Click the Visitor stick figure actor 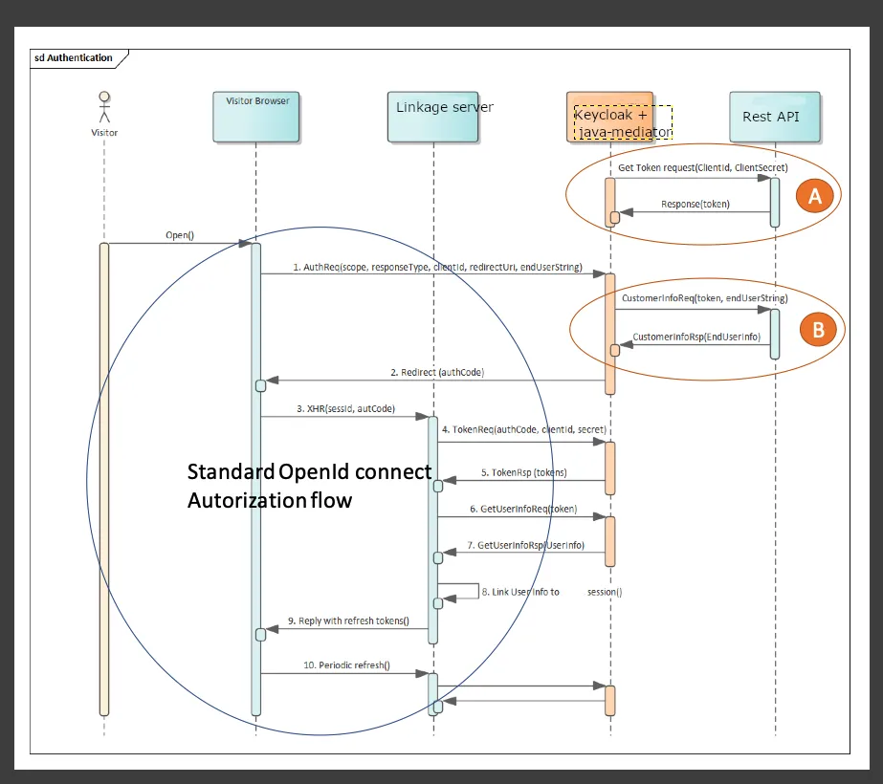coord(104,107)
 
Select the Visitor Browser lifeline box coord(256,117)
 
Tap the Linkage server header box coord(433,117)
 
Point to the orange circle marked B coord(818,329)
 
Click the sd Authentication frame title coord(73,58)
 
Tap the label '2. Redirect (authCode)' coord(437,372)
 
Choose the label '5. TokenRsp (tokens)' coord(522,472)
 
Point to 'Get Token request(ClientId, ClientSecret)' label coord(703,167)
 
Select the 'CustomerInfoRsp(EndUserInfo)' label coord(696,336)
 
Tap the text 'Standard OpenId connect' coord(309,472)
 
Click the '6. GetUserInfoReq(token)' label coord(523,509)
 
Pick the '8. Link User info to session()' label coord(551,592)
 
